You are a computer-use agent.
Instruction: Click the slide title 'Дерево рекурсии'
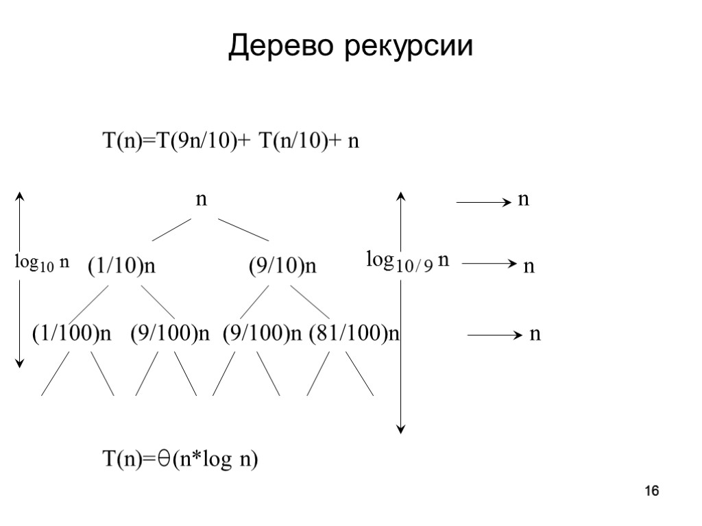tap(350, 47)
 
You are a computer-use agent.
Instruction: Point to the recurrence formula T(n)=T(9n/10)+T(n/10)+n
tap(231, 141)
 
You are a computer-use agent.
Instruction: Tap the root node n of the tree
tap(202, 199)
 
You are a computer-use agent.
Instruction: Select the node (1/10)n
tap(121, 266)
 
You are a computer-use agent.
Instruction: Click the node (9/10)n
tap(282, 266)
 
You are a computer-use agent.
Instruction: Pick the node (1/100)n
tap(71, 334)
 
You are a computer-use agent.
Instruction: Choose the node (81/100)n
tap(354, 334)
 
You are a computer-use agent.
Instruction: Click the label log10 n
tap(43, 262)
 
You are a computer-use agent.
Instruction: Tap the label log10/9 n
tap(407, 261)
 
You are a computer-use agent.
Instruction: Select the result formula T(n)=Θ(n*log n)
tap(180, 460)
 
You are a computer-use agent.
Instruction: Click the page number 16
tap(652, 491)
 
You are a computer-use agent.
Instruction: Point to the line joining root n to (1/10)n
tap(171, 229)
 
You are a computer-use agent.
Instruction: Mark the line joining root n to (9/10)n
tap(243, 229)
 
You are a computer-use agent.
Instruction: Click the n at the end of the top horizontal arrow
tap(523, 200)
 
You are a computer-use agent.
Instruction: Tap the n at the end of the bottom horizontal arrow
tap(535, 334)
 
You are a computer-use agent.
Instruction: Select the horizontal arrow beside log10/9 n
tap(488, 263)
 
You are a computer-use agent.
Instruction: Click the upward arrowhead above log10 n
tap(21, 197)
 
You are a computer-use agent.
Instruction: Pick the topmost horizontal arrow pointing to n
tap(483, 202)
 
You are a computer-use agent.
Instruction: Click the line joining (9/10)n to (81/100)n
tap(311, 297)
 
